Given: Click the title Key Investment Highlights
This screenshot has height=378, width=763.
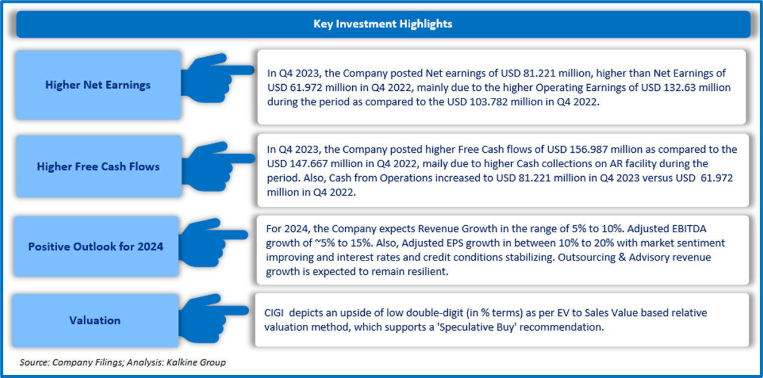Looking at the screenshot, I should pyautogui.click(x=383, y=24).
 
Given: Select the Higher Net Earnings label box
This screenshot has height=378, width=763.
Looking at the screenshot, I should pyautogui.click(x=98, y=85).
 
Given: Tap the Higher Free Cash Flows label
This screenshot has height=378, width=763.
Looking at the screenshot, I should pyautogui.click(x=98, y=167).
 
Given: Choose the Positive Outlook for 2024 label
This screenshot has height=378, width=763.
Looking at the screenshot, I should pyautogui.click(x=96, y=246).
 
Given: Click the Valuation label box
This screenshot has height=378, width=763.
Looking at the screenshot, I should pyautogui.click(x=94, y=320).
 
